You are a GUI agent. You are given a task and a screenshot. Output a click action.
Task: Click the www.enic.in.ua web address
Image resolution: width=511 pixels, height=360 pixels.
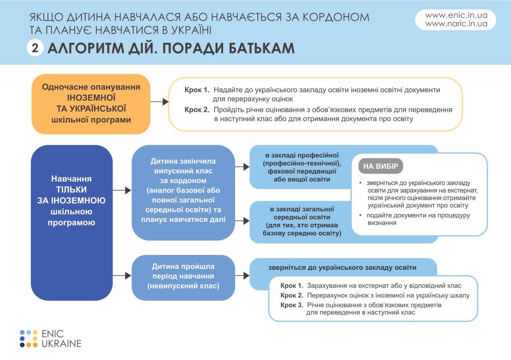coord(456,16)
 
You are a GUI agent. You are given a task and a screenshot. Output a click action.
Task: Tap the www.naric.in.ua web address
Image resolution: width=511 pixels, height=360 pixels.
coord(456,24)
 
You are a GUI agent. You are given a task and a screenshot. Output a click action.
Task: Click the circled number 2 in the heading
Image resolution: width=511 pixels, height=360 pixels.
coord(35,48)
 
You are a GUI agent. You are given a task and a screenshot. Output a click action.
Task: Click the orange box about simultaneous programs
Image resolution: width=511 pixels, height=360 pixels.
coord(91,103)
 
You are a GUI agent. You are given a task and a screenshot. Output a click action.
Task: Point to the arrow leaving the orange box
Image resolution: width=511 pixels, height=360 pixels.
coord(159,102)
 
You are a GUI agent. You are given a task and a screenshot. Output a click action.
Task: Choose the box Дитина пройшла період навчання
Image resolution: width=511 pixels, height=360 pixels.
coord(183,276)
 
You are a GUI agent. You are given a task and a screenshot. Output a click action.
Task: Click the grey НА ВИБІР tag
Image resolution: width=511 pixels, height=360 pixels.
coord(380,166)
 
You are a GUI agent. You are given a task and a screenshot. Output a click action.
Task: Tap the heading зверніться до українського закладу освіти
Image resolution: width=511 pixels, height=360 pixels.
coord(342,267)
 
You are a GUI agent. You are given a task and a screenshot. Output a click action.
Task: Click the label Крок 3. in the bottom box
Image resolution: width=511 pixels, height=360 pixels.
coord(292,305)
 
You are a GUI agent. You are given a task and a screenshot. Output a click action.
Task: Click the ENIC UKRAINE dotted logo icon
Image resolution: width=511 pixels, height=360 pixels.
coord(28,338)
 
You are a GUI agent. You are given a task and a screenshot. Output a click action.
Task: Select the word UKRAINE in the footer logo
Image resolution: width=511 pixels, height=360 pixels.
coord(62,343)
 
